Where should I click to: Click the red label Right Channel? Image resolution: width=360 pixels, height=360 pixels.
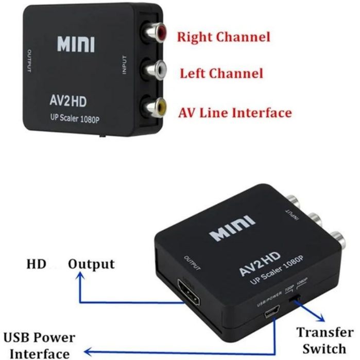pyautogui.click(x=224, y=37)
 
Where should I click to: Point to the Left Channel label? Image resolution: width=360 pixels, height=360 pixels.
pyautogui.click(x=221, y=73)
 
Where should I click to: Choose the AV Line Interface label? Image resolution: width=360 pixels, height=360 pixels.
pyautogui.click(x=234, y=112)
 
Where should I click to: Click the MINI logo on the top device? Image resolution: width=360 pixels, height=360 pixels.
pyautogui.click(x=76, y=45)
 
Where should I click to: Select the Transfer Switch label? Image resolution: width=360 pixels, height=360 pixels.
pyautogui.click(x=324, y=339)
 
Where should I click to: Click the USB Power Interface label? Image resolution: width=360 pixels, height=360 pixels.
pyautogui.click(x=40, y=346)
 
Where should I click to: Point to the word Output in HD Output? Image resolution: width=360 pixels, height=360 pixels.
pyautogui.click(x=92, y=264)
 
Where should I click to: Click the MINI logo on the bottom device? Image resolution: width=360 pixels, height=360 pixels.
pyautogui.click(x=232, y=229)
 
